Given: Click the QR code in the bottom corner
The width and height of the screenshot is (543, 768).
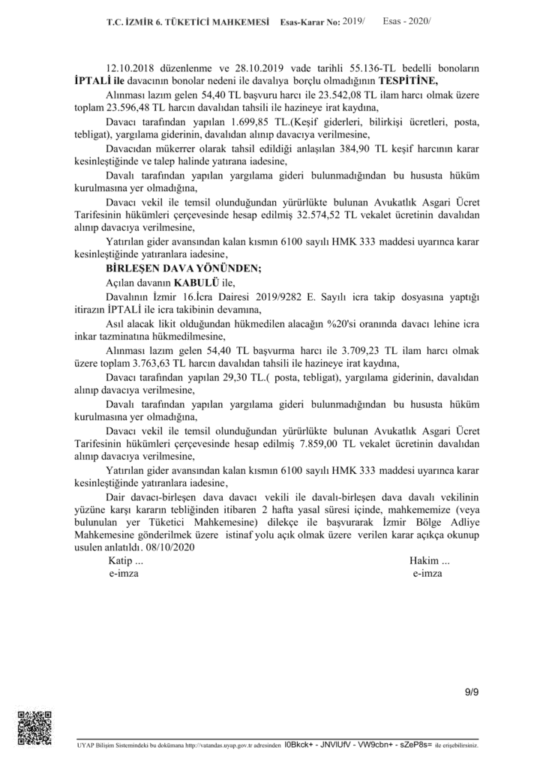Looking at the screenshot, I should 33,726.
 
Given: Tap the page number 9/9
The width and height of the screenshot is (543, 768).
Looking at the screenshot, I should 472,691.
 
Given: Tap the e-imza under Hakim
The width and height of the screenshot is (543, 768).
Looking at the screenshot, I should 427,573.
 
